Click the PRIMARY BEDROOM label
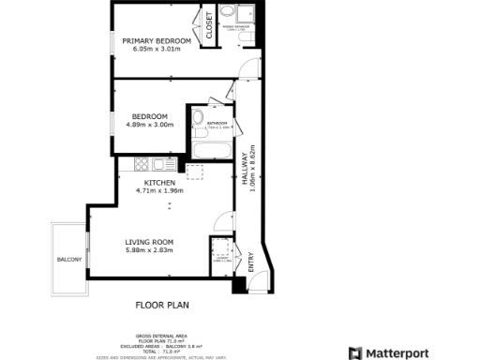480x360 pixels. tap(157, 41)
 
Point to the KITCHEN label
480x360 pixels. tap(158, 181)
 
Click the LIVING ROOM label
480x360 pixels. tap(150, 242)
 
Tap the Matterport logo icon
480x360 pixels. tap(355, 352)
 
